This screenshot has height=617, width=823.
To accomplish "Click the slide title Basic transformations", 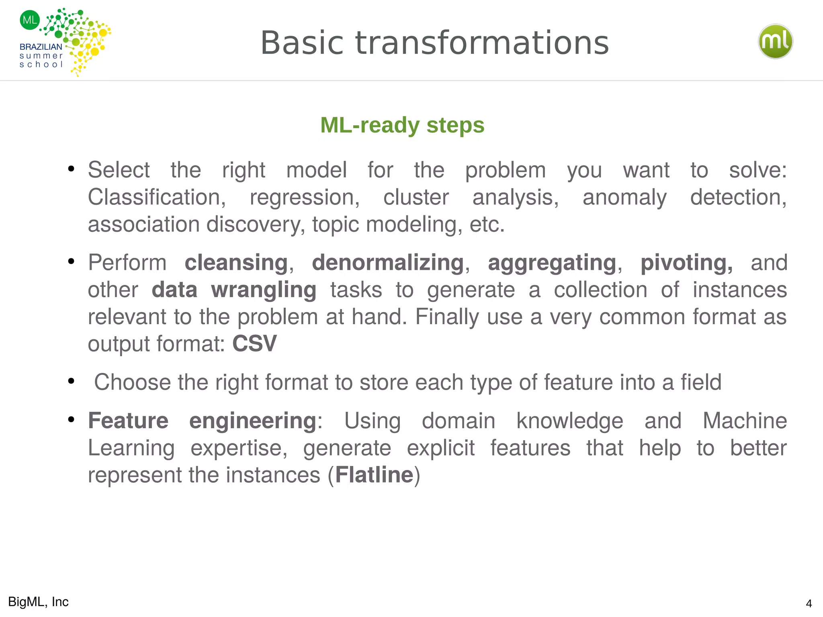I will (x=434, y=43).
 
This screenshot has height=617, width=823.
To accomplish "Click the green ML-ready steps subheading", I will (x=402, y=125).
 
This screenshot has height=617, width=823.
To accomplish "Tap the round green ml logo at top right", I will (x=775, y=41).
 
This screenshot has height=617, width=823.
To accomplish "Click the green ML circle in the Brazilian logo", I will (x=30, y=20).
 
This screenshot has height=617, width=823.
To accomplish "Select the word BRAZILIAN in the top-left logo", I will (x=41, y=47).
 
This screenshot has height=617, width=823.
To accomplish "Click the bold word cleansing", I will (x=236, y=263).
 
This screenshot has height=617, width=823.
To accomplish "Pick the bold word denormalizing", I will (x=388, y=263).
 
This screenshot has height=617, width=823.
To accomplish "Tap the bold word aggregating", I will (x=552, y=263).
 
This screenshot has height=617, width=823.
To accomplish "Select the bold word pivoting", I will (x=686, y=263).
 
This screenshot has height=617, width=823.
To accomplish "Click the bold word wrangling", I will (x=264, y=290).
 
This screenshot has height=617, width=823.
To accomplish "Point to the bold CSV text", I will (x=254, y=343).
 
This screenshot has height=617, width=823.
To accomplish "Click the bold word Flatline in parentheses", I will (x=374, y=475).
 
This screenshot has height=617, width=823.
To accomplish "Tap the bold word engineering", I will (x=253, y=421).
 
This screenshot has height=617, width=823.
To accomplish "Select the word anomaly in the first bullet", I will (x=624, y=197).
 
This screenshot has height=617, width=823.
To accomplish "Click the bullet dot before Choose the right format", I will (x=72, y=381).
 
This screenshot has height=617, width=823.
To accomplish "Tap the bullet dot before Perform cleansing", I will (x=72, y=262).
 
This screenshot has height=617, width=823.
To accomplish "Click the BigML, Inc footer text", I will (x=39, y=602).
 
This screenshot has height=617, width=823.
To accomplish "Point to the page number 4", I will (x=809, y=604).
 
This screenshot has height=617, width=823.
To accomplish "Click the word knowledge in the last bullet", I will (x=569, y=421).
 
